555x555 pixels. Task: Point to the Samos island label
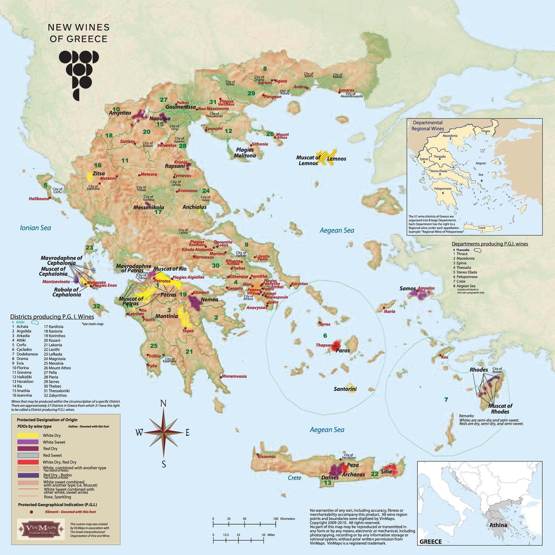point(408,289)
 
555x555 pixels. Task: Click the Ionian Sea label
point(35,228)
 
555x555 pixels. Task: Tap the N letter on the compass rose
point(163,403)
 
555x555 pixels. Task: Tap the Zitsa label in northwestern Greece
point(99,174)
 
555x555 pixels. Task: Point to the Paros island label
point(343,350)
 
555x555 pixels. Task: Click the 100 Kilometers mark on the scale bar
point(275,519)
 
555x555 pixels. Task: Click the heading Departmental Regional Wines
point(434,125)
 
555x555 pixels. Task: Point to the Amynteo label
point(120,113)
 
